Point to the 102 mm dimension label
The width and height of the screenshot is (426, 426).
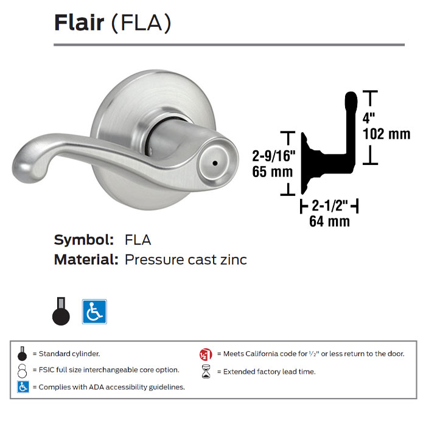386,134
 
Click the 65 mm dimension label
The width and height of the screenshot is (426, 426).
273,172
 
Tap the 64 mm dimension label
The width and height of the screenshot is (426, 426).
329,222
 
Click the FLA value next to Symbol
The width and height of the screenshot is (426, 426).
138,239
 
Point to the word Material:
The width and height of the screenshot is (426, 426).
86,260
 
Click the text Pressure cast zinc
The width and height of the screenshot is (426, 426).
186,260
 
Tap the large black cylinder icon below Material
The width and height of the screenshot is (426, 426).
61,312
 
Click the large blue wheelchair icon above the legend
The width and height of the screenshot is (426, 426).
94,311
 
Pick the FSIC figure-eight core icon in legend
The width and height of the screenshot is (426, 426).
23,370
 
